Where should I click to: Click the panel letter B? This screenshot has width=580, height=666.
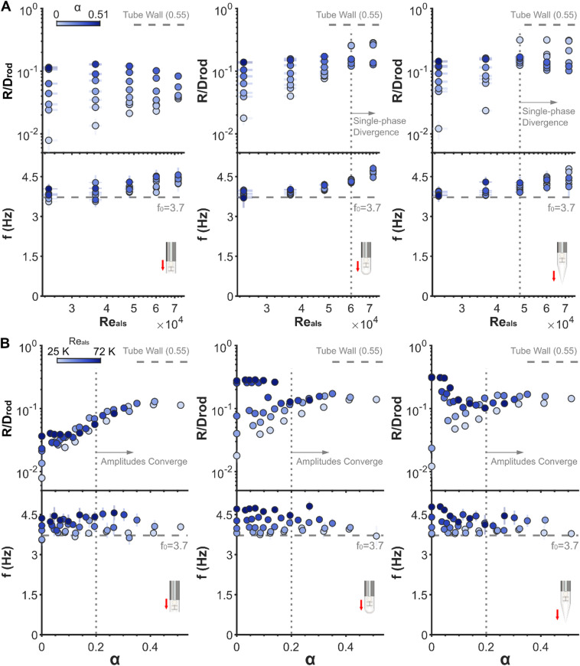point(5,343)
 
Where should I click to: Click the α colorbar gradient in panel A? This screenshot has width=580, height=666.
point(78,24)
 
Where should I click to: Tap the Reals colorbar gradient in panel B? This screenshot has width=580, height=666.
point(79,361)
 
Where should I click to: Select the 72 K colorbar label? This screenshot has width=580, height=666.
point(104,351)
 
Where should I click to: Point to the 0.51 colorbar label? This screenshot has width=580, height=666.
point(98,15)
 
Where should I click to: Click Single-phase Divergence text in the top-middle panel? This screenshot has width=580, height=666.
point(380,126)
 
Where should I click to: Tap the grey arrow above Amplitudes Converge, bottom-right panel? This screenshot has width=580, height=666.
point(504,452)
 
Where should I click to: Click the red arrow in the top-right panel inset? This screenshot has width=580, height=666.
point(554,276)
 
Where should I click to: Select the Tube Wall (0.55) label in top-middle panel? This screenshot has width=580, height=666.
point(349,15)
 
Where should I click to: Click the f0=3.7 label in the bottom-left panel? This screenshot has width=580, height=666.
point(174,545)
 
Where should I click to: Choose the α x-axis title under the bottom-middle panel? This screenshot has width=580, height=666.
point(311,659)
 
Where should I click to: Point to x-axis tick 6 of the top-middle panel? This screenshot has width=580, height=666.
point(350,308)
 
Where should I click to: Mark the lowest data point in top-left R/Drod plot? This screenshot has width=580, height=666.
point(48,140)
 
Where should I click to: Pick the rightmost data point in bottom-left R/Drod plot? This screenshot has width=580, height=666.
point(181,405)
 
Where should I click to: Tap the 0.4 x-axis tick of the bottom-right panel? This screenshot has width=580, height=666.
point(540,647)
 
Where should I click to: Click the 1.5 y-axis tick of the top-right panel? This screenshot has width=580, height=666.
point(420,256)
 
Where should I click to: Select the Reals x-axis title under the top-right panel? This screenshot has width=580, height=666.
point(503,322)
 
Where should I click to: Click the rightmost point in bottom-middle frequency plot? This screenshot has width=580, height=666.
point(376,536)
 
